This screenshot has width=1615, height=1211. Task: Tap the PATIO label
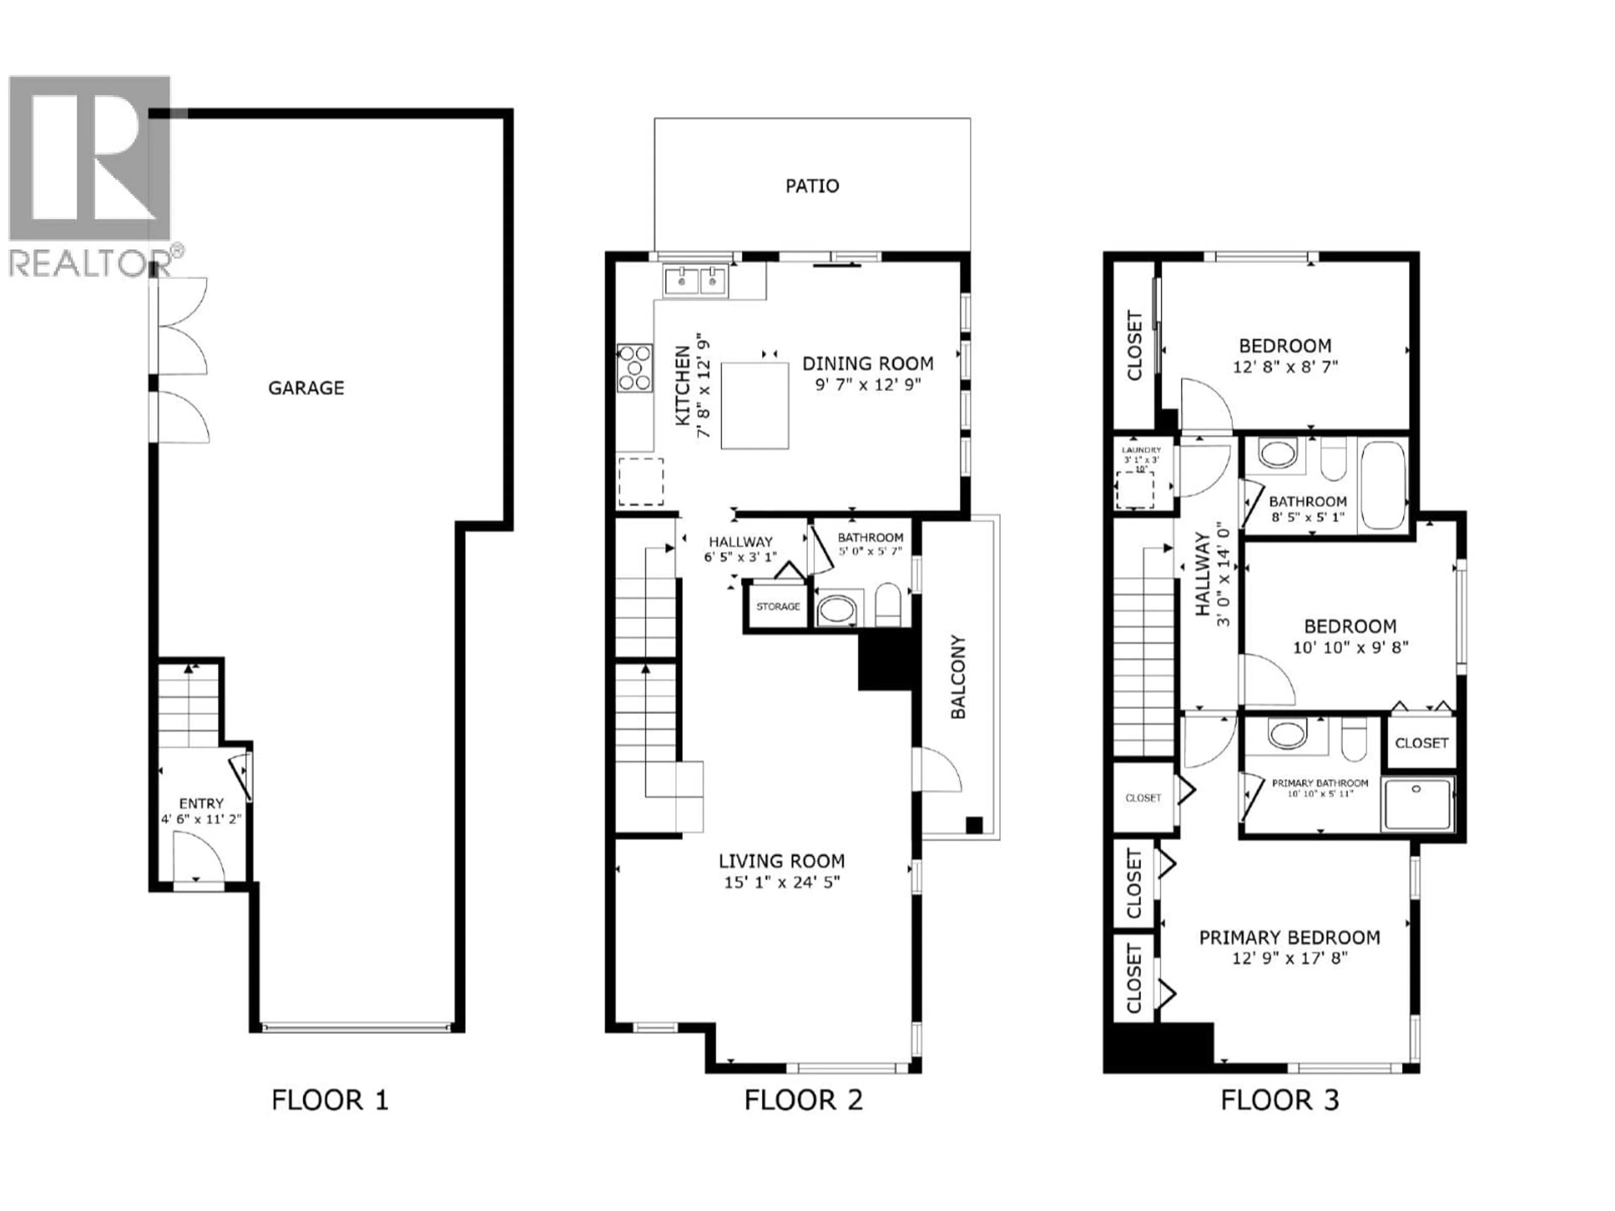coord(812,186)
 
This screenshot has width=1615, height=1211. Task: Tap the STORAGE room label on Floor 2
coord(778,607)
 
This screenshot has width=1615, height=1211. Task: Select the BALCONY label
coord(958,677)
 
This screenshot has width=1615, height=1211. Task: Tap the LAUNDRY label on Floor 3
coord(1141,450)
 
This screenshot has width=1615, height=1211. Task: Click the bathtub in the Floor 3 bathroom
coord(1383,485)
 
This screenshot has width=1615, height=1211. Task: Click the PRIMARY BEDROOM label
coord(1289,937)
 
